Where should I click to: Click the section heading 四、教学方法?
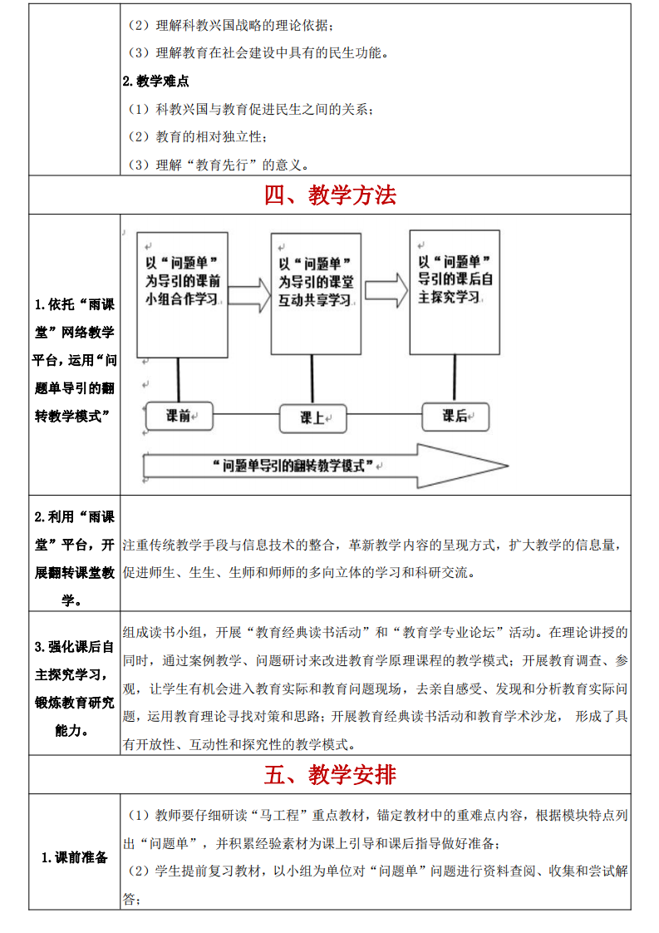(330, 195)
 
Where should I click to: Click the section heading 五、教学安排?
(330, 774)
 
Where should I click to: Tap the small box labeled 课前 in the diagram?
(179, 416)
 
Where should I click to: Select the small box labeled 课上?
(312, 418)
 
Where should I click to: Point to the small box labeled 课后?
(455, 416)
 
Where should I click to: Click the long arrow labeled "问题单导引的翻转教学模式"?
(324, 466)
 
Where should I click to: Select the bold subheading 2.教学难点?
(155, 81)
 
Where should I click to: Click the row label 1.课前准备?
(75, 856)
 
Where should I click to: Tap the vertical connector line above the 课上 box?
(312, 379)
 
